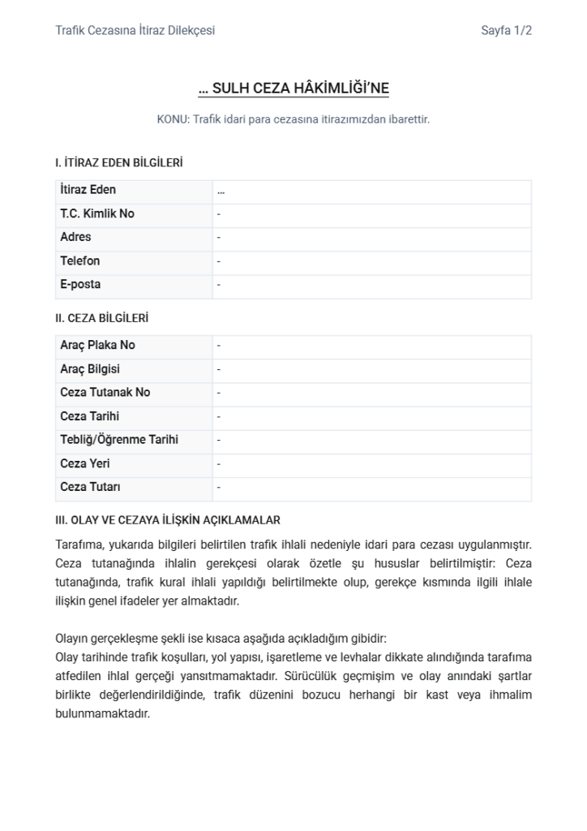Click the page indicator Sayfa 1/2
pyautogui.click(x=506, y=31)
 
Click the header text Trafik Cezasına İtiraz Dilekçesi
pyautogui.click(x=135, y=31)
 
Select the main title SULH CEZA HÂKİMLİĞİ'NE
pyautogui.click(x=293, y=88)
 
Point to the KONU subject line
pyautogui.click(x=293, y=119)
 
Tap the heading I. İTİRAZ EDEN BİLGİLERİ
pyautogui.click(x=118, y=163)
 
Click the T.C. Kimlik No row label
pyautogui.click(x=97, y=214)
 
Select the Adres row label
pyautogui.click(x=76, y=238)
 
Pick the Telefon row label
pyautogui.click(x=80, y=261)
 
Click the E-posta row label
pyautogui.click(x=80, y=285)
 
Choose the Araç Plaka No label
pyautogui.click(x=97, y=346)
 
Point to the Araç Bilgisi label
pyautogui.click(x=90, y=369)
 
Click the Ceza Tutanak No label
pyautogui.click(x=105, y=393)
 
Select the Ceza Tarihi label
pyautogui.click(x=89, y=416)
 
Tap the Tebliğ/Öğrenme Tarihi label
pyautogui.click(x=119, y=440)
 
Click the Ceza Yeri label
pyautogui.click(x=85, y=464)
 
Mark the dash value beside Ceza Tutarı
pyautogui.click(x=219, y=489)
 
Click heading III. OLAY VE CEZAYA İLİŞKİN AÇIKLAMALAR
pyautogui.click(x=168, y=520)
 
